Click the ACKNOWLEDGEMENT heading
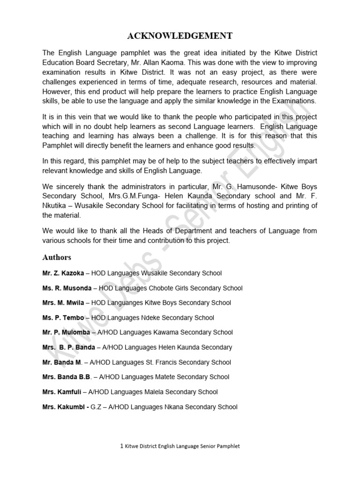pos(180,36)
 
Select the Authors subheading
pos(57,257)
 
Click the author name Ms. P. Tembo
pos(63,318)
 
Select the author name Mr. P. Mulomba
pos(66,332)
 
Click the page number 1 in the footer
pos(121,446)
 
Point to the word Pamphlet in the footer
pos(227,447)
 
